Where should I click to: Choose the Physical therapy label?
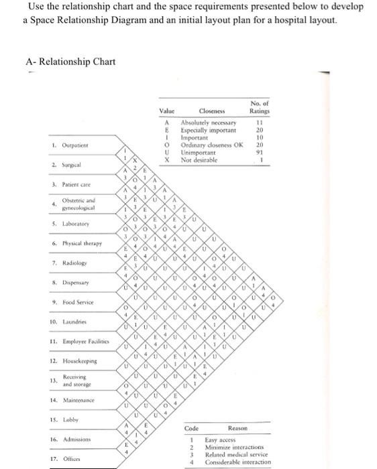(x=78, y=244)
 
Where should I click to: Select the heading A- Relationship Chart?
(x=70, y=62)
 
